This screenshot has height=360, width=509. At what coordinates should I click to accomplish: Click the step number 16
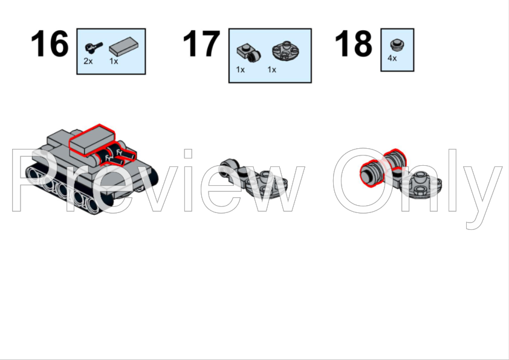click(50, 44)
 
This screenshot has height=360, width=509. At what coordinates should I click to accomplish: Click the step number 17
click(201, 44)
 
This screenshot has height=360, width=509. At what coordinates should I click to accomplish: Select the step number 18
click(353, 44)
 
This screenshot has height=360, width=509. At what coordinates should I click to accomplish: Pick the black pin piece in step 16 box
click(94, 47)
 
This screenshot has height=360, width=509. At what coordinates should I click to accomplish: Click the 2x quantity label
click(88, 61)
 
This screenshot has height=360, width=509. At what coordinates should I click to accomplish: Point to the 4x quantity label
click(392, 58)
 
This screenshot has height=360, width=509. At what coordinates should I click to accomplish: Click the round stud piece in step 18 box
click(397, 45)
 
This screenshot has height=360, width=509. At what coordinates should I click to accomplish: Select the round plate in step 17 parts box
click(285, 50)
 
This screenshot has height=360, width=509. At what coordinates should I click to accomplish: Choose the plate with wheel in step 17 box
click(248, 53)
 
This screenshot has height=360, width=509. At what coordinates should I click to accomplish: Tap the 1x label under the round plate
click(271, 70)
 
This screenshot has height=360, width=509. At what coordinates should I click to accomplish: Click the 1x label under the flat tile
click(114, 61)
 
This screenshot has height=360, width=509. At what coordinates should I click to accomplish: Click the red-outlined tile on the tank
click(92, 140)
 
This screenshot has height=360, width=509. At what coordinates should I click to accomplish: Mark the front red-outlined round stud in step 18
click(371, 174)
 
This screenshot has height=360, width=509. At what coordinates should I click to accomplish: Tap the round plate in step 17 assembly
click(265, 185)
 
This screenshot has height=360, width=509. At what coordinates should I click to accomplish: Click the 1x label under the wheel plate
click(240, 70)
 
